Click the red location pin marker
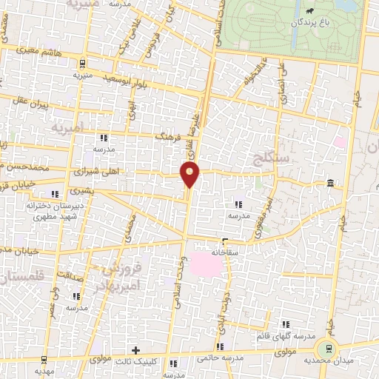pyautogui.click(x=190, y=175)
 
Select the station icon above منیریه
pyautogui.click(x=82, y=63)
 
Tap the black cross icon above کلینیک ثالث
pyautogui.click(x=135, y=349)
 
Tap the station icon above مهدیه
pyautogui.click(x=44, y=360)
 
